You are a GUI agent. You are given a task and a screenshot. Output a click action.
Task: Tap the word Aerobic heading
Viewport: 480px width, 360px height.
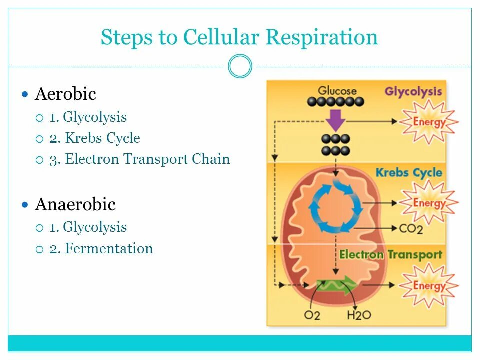click(x=65, y=94)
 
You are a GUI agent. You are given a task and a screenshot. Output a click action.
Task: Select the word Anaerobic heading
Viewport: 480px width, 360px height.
click(x=75, y=204)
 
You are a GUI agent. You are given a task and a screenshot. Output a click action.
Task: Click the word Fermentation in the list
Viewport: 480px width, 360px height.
click(x=109, y=248)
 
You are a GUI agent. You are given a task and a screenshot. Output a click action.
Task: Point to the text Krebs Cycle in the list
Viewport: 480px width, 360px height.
click(x=102, y=138)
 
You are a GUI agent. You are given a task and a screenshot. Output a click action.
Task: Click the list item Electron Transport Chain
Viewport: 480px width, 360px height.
click(x=147, y=159)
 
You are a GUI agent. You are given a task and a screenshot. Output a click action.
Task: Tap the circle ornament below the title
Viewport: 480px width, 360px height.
click(x=240, y=66)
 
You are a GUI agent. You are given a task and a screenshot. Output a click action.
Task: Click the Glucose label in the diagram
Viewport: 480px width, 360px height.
click(x=338, y=91)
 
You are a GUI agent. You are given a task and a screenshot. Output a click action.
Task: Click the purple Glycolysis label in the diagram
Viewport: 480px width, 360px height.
click(x=413, y=92)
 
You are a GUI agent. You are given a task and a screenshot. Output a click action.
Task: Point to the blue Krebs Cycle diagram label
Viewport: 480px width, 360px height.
click(x=409, y=173)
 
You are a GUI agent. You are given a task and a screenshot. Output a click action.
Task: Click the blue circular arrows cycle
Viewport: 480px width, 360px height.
click(x=336, y=206)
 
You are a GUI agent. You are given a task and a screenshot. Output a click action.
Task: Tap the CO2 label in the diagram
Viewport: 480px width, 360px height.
click(x=411, y=229)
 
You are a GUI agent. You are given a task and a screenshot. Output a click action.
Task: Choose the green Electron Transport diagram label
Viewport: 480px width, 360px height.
click(x=390, y=254)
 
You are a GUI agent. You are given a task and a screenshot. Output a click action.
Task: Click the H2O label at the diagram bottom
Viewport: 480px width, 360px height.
click(x=358, y=316)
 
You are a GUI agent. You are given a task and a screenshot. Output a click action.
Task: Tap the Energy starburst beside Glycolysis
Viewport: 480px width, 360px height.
click(x=429, y=121)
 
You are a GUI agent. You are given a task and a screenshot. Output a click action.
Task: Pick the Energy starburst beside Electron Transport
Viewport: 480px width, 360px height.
click(x=429, y=285)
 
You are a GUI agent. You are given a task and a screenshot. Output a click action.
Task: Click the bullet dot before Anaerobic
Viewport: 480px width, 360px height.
click(x=26, y=204)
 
